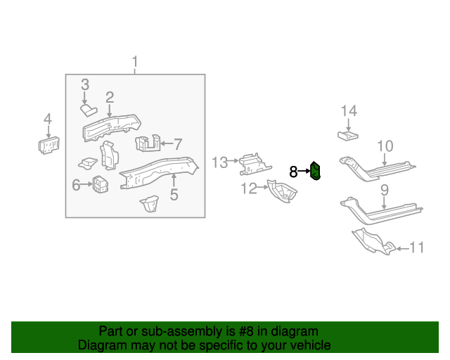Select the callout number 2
pyautogui.click(x=110, y=97)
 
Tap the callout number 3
pyautogui.click(x=84, y=84)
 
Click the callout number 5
pyautogui.click(x=174, y=193)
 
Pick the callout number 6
pyautogui.click(x=76, y=185)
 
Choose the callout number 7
pyautogui.click(x=178, y=144)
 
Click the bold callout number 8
pyautogui.click(x=293, y=171)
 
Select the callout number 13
pyautogui.click(x=220, y=162)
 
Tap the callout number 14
pyautogui.click(x=349, y=110)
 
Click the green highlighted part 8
pyautogui.click(x=316, y=171)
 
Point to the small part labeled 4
pyautogui.click(x=48, y=145)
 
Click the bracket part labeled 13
pyautogui.click(x=252, y=165)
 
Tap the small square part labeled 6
pyautogui.click(x=100, y=186)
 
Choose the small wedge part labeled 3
pyautogui.click(x=88, y=109)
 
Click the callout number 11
pyautogui.click(x=416, y=247)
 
